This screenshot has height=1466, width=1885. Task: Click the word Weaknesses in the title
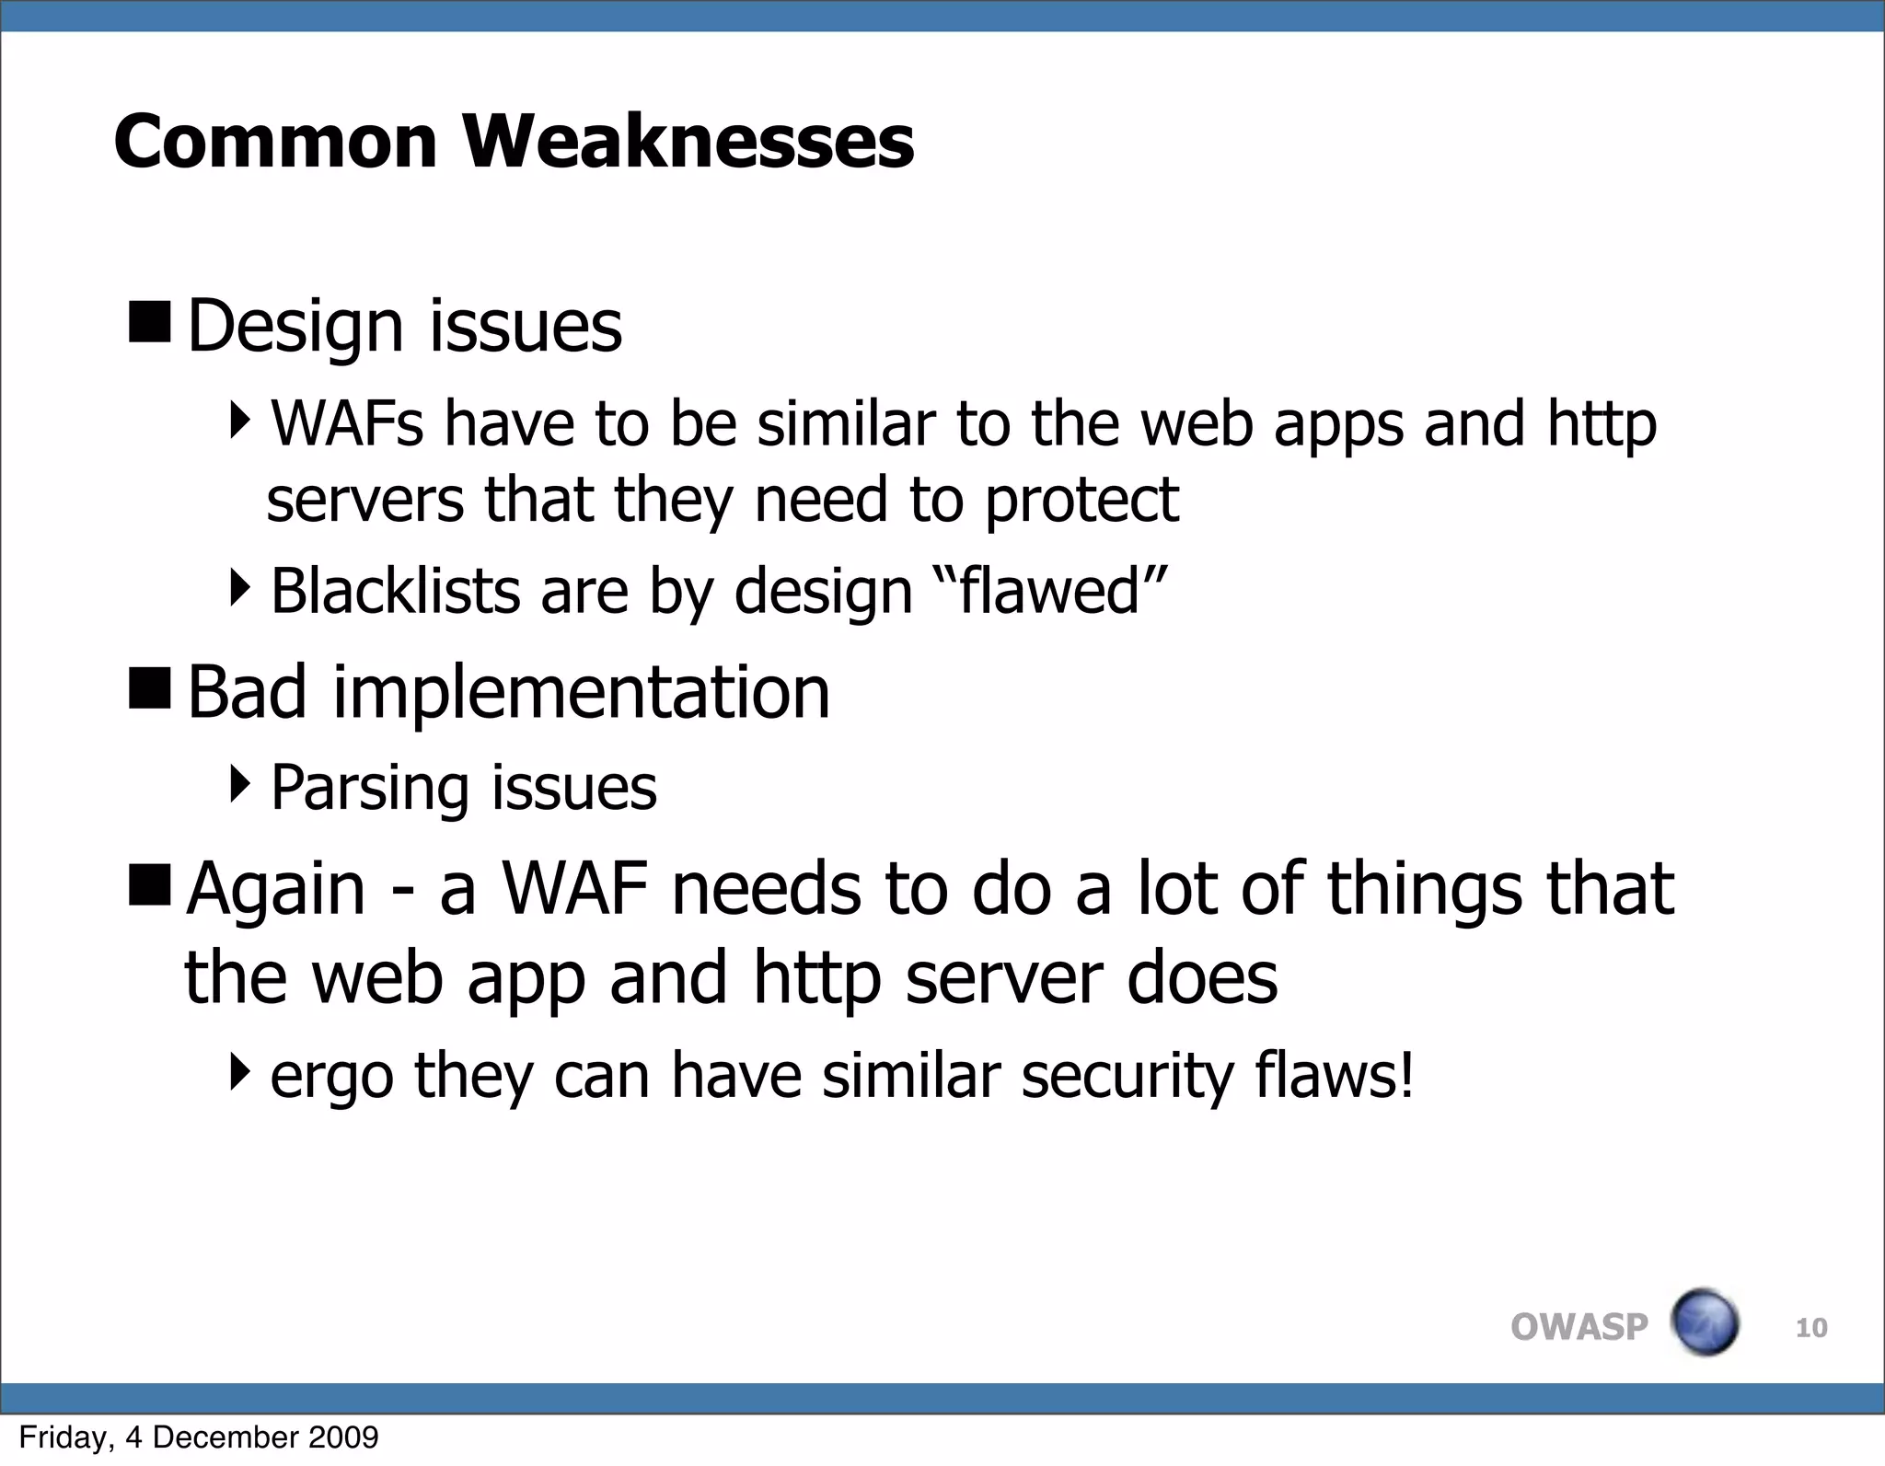(688, 142)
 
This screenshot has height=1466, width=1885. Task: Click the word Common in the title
(275, 142)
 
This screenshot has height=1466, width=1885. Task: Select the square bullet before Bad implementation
(149, 688)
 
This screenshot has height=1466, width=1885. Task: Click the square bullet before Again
(149, 884)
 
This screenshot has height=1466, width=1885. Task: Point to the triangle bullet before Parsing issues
(240, 784)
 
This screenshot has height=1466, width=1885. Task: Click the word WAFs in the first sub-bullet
(347, 424)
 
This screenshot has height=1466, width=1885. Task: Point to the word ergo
(331, 1077)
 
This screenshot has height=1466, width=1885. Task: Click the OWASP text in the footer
(1579, 1327)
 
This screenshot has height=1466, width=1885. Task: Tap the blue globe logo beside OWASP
(1705, 1322)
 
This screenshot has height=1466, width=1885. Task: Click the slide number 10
(1810, 1328)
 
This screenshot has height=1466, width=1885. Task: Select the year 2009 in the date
(344, 1437)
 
